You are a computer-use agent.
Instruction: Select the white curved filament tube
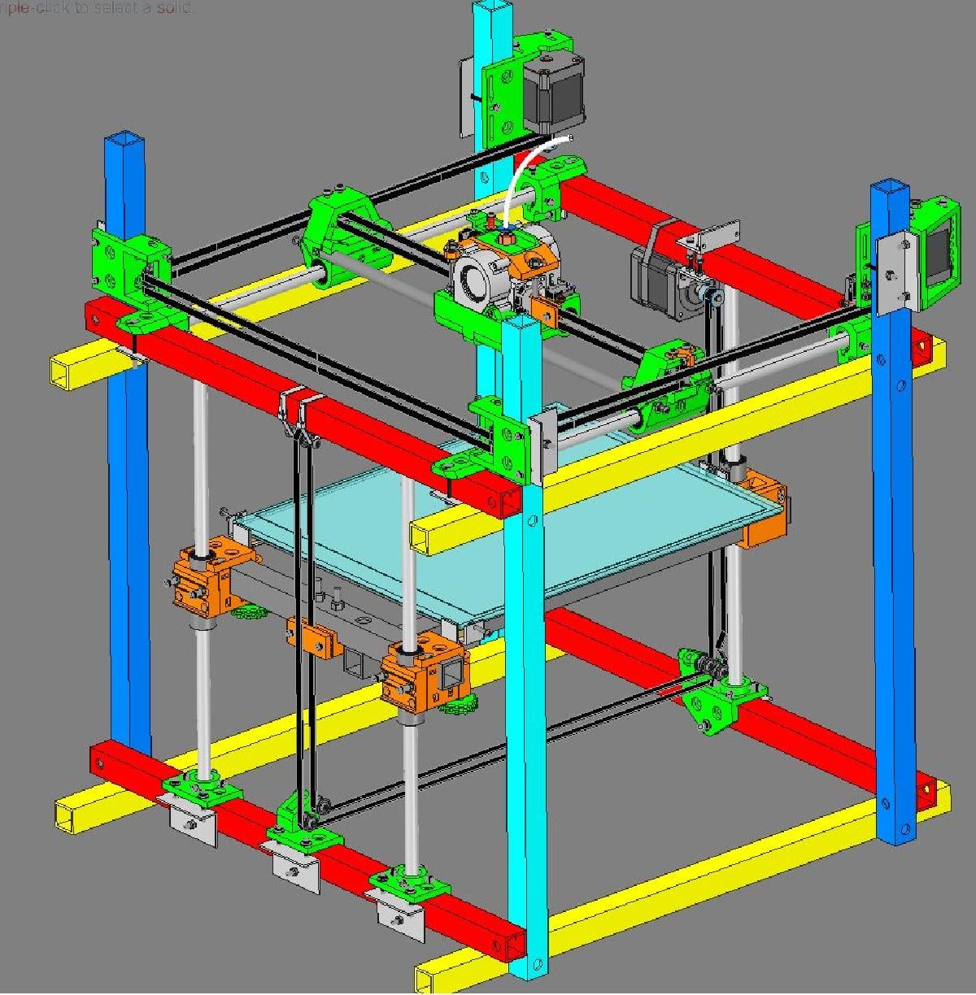tap(520, 174)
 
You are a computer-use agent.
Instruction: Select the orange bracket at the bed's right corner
tap(765, 512)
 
